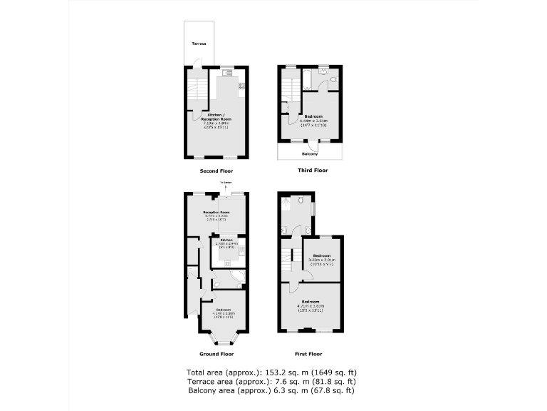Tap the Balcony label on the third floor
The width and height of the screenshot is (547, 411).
tap(309, 153)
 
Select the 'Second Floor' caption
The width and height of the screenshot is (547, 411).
tap(217, 171)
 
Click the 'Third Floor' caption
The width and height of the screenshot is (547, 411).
tap(313, 171)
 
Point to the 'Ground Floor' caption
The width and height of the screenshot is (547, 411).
tap(217, 354)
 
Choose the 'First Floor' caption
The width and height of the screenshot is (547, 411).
tap(308, 354)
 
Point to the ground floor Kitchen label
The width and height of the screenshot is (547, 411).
tap(226, 240)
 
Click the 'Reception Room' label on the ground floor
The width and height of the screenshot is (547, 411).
tap(216, 213)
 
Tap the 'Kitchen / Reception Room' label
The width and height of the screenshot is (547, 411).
tap(216, 117)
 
